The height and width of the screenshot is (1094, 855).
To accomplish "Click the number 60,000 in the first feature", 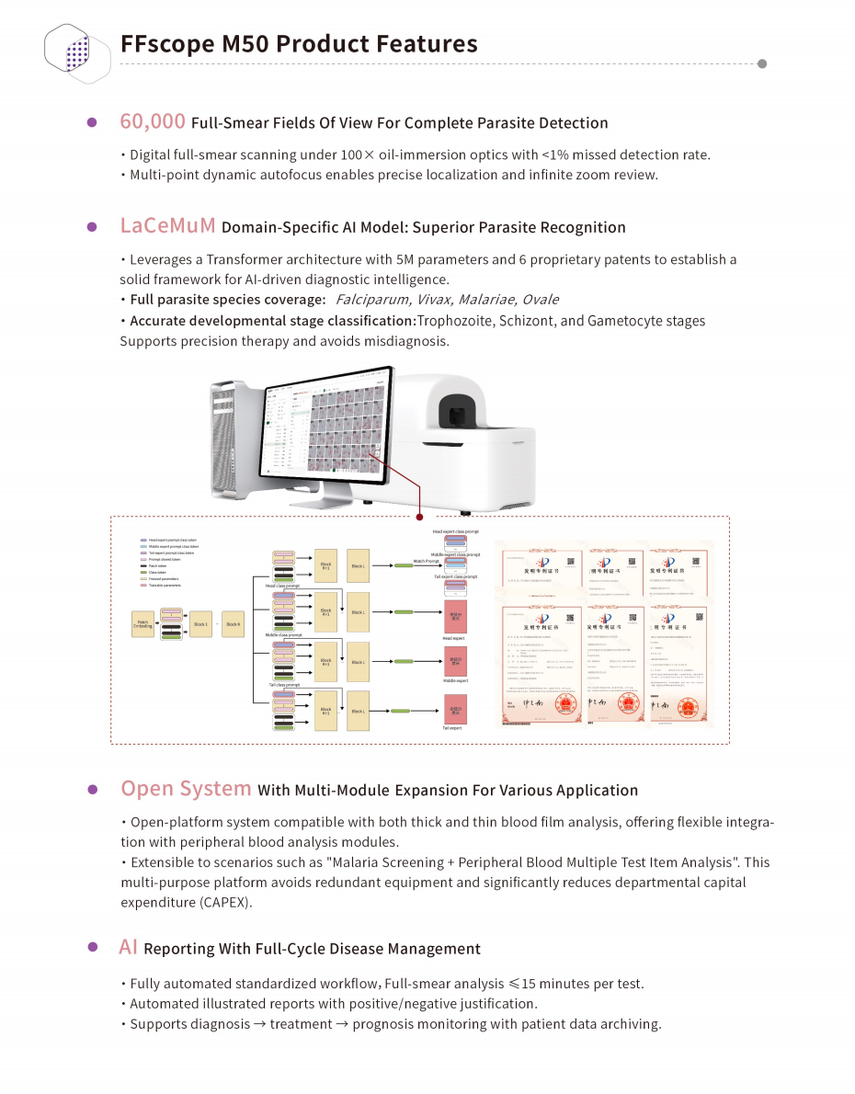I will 153,121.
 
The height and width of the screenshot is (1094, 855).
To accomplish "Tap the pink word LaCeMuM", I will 167,226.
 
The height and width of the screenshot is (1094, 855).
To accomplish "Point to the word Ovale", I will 539,300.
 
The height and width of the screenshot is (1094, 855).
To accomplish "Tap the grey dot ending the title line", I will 761,63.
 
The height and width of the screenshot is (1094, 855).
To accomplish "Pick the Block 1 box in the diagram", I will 200,624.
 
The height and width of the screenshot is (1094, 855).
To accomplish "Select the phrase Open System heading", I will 186,789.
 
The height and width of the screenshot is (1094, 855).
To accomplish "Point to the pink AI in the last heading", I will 129,947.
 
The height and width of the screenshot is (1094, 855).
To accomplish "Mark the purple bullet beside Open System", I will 92,790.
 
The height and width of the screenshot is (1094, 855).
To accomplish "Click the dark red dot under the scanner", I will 419,517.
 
